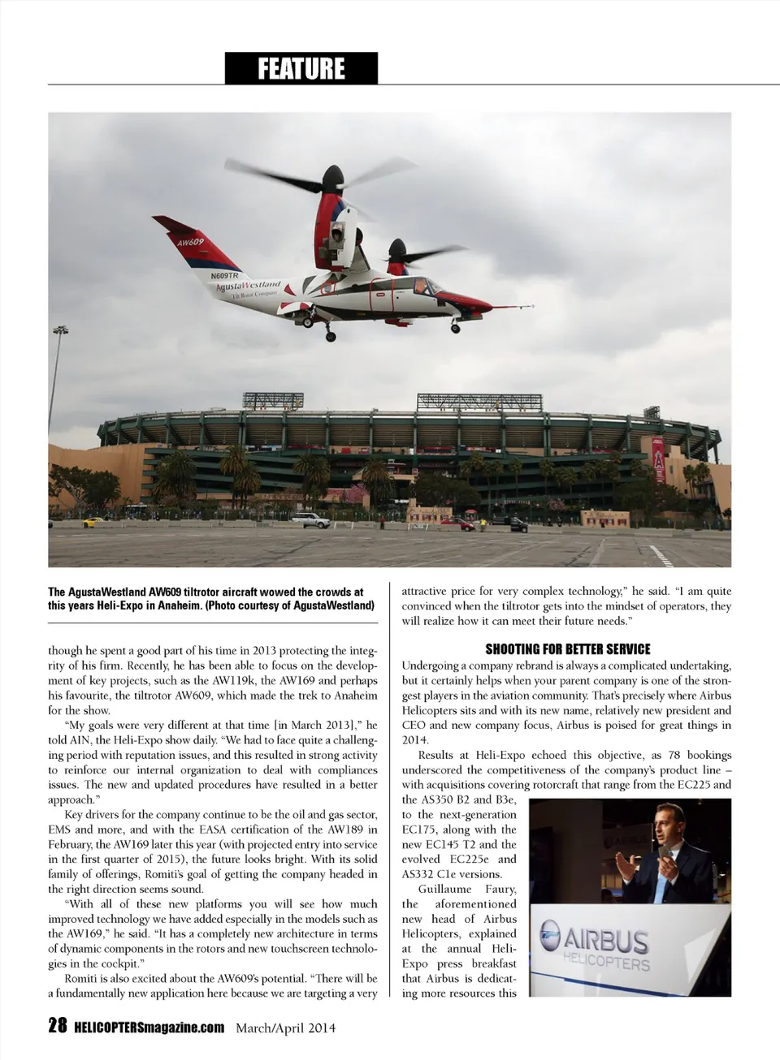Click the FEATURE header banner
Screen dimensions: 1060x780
(x=301, y=68)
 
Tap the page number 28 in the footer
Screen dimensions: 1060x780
(x=57, y=1026)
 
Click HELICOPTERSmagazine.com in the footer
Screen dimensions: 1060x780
(x=149, y=1028)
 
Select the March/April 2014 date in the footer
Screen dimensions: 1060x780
(x=285, y=1028)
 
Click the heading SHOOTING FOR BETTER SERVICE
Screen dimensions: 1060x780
(x=567, y=648)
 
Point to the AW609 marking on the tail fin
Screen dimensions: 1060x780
(x=190, y=243)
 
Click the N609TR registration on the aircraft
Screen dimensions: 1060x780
(x=224, y=276)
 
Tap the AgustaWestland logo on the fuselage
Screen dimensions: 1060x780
(x=248, y=287)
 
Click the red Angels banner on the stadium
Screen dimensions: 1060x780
(x=658, y=459)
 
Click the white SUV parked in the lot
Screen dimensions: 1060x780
(x=310, y=520)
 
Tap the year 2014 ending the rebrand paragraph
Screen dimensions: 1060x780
(x=415, y=739)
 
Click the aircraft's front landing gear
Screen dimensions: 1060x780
(x=456, y=325)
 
